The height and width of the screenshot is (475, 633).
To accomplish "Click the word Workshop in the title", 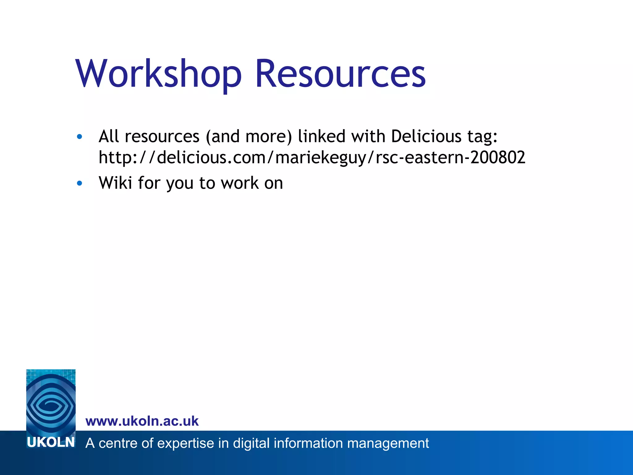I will (158, 74).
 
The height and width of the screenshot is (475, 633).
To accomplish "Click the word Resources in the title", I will (340, 74).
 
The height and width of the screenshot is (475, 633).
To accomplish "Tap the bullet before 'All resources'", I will (79, 137).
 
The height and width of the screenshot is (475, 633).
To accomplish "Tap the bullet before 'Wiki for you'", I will (79, 183).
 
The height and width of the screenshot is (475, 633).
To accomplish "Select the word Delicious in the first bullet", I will (426, 136).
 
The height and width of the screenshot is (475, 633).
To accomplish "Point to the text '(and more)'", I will (249, 137).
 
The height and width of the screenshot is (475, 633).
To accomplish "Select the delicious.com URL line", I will (312, 157).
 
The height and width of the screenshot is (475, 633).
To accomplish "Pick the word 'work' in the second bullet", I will (240, 183).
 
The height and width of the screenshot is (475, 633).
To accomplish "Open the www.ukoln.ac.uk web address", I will (142, 421).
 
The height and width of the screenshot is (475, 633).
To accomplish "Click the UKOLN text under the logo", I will (51, 443).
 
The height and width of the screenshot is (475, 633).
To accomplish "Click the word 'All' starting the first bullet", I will (108, 136).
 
